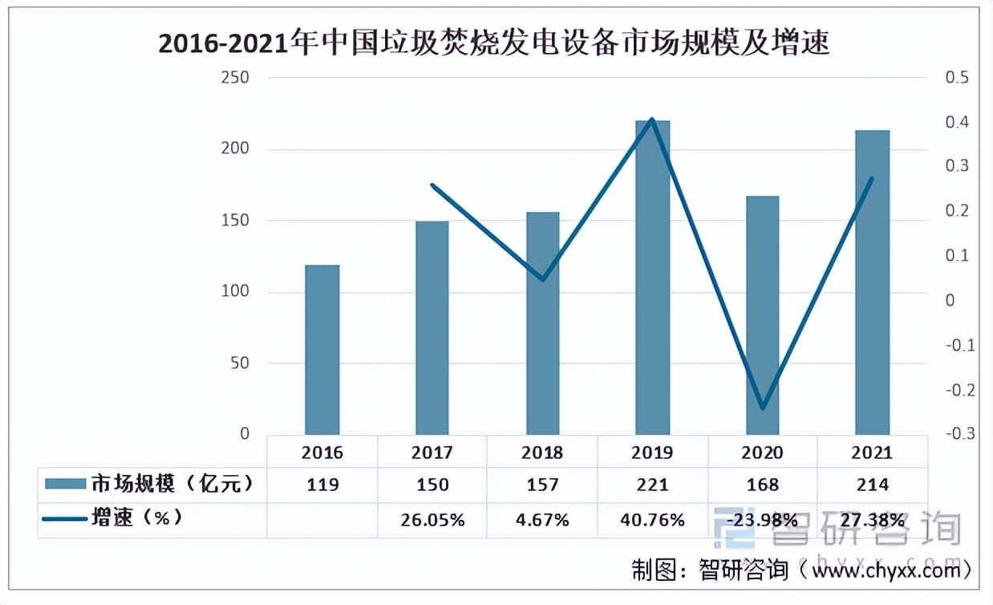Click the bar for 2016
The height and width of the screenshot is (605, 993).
click(x=322, y=350)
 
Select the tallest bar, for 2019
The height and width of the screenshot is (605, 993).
click(x=652, y=278)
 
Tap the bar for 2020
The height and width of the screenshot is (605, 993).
click(x=762, y=315)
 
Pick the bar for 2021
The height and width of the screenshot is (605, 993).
click(x=872, y=282)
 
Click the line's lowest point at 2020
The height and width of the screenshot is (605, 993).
click(x=762, y=408)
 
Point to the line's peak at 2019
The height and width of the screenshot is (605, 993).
click(x=652, y=120)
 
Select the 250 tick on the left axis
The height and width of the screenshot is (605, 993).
click(x=235, y=78)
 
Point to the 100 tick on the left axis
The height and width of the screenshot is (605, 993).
click(x=235, y=292)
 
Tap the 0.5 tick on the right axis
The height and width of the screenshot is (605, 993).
click(x=958, y=78)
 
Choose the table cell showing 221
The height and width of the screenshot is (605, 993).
click(x=652, y=485)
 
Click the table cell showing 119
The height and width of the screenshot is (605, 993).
click(x=322, y=485)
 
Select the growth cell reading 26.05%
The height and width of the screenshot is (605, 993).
click(x=432, y=520)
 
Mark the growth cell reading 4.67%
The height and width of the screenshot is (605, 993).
click(x=542, y=520)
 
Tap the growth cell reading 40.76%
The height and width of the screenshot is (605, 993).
click(x=652, y=520)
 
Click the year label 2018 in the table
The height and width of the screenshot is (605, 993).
click(x=542, y=453)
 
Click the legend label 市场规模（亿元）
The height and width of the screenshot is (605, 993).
click(x=172, y=484)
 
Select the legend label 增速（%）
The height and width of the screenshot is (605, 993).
click(x=136, y=518)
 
